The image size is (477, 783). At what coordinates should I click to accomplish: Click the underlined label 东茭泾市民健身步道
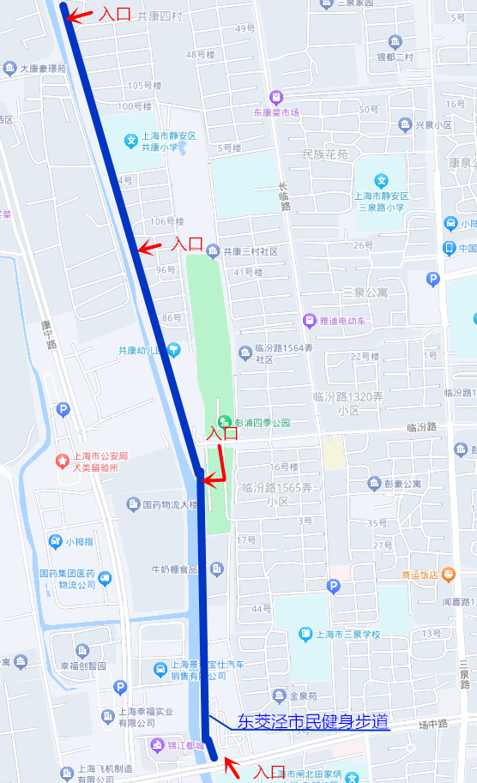pos(312,721)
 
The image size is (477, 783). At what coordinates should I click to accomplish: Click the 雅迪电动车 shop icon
pos(308,320)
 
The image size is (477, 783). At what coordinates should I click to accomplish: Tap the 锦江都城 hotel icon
pos(156,744)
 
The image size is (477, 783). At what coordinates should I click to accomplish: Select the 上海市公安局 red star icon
pos(62,461)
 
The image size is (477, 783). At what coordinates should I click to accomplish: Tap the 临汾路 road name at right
pos(421,426)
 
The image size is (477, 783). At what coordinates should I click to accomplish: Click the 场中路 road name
pos(434,724)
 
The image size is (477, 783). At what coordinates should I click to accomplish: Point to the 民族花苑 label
pos(325,155)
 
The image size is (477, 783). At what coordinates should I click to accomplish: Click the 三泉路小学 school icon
pos(382,181)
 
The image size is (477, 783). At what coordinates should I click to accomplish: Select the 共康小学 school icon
pos(131,141)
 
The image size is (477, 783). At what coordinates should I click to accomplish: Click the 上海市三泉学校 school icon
pos(305,635)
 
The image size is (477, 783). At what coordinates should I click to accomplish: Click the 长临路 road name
pos(284,196)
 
